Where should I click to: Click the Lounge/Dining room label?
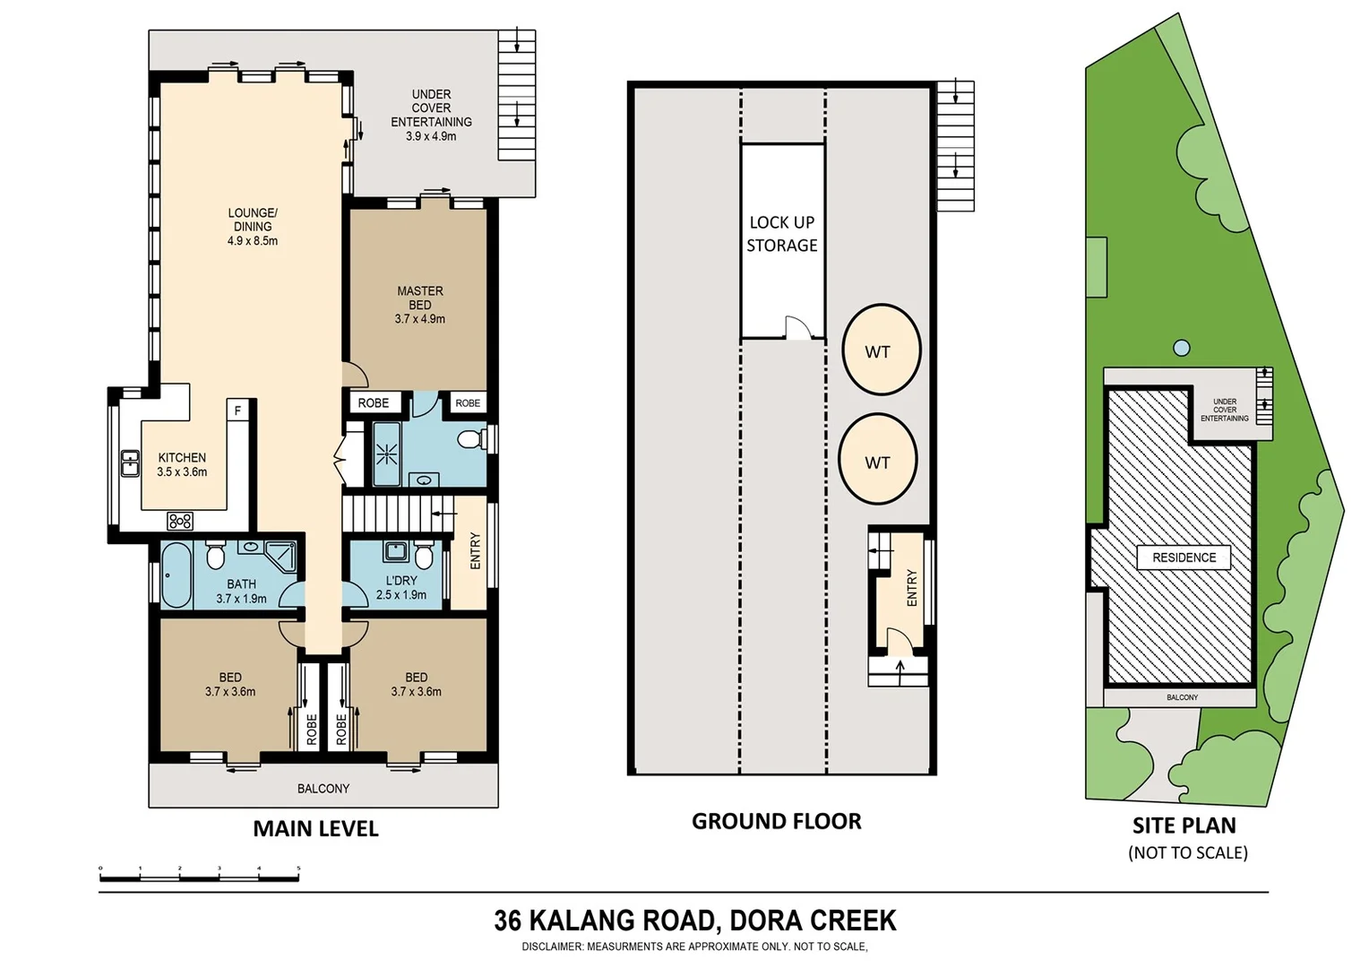[x=253, y=227]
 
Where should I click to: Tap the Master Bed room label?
[x=419, y=305]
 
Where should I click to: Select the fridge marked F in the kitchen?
[x=237, y=411]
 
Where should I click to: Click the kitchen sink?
[x=130, y=463]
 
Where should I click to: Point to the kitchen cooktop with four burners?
[x=179, y=521]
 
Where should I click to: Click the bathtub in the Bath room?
[x=176, y=575]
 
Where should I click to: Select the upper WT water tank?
[x=881, y=350]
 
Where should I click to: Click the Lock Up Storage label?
[x=782, y=234]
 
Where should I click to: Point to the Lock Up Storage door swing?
[x=796, y=328]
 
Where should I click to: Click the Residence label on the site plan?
[x=1184, y=557]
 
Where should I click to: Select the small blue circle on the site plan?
[x=1182, y=348]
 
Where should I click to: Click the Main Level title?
[x=315, y=829]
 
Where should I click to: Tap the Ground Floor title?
[x=776, y=821]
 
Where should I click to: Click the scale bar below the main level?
[x=199, y=876]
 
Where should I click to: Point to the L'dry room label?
[x=401, y=587]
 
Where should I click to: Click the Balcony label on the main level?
[x=323, y=789]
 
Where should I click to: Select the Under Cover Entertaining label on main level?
[x=431, y=115]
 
